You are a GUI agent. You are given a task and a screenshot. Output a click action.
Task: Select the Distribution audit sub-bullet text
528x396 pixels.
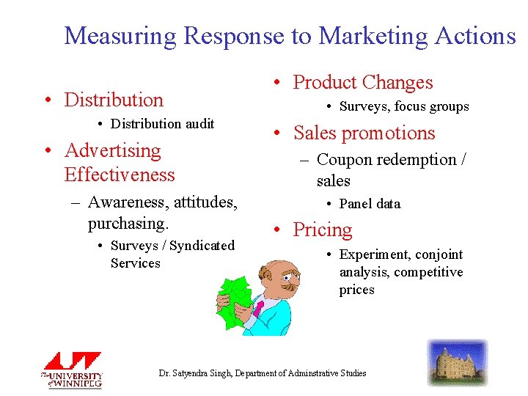(x=162, y=124)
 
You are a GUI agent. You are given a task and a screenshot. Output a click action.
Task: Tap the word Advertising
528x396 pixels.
(x=113, y=150)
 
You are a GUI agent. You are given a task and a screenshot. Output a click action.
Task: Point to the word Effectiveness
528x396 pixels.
(x=120, y=175)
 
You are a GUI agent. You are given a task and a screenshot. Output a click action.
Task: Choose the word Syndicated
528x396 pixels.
(x=201, y=246)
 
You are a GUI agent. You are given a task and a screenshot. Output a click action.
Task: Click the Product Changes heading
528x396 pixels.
(x=363, y=83)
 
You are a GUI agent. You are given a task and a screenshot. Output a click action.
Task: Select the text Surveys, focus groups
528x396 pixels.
(x=403, y=107)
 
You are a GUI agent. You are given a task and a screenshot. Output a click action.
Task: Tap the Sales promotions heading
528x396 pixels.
(x=364, y=133)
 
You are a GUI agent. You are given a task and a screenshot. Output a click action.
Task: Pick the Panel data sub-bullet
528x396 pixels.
(x=370, y=204)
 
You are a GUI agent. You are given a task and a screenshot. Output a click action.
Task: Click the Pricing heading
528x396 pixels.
(x=323, y=230)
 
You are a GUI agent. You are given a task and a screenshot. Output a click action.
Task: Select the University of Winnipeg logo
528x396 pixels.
(x=71, y=370)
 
